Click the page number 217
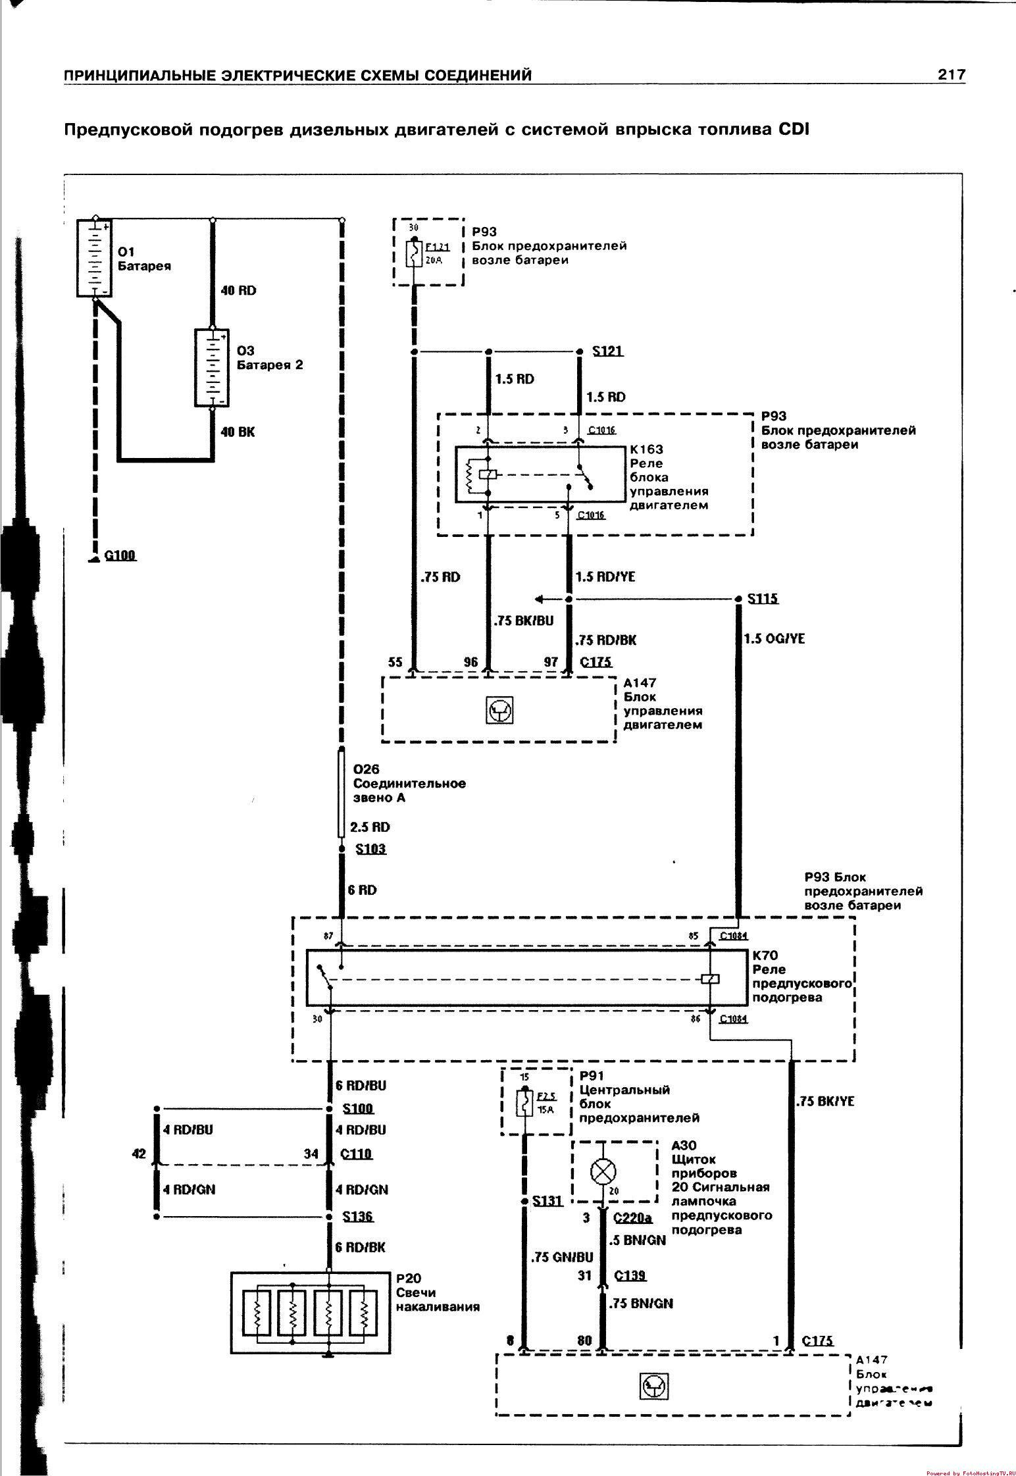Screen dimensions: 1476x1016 coord(951,74)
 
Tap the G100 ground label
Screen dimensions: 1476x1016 coord(120,555)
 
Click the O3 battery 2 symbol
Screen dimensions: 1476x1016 coord(212,368)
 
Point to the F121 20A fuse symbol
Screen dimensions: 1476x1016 coord(413,253)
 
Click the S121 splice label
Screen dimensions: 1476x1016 coord(607,351)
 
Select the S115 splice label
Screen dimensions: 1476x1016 coord(763,599)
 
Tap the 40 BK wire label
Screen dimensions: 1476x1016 coord(238,432)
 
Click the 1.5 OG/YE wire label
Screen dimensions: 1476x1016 coord(774,638)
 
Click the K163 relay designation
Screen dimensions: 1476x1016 coord(646,449)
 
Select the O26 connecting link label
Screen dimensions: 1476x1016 coord(367,769)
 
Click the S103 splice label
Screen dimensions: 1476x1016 coord(370,849)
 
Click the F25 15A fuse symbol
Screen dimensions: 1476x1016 coord(524,1103)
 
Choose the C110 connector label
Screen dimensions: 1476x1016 coord(356,1154)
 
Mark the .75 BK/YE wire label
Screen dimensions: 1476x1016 coord(825,1101)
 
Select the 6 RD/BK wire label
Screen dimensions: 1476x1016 coord(360,1247)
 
